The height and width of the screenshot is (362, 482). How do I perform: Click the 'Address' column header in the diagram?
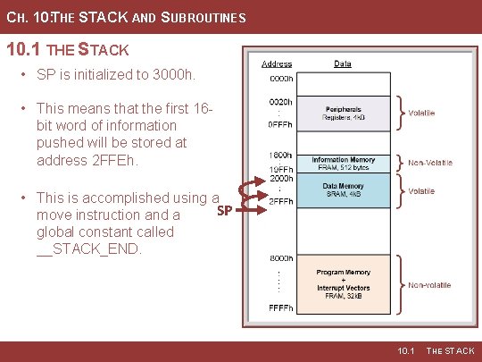[x=276, y=64]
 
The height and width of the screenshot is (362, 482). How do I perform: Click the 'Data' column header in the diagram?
[x=343, y=64]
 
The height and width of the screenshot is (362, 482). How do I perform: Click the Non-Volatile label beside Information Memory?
[x=430, y=163]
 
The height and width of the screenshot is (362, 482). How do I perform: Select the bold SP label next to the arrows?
[x=225, y=211]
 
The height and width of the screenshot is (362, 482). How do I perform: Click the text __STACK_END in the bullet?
[x=88, y=249]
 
